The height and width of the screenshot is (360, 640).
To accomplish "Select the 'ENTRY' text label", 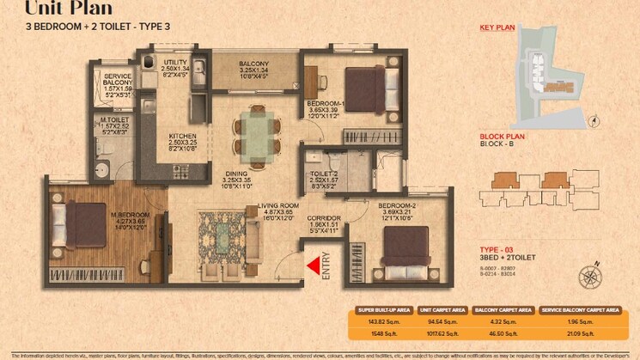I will coord(326,263).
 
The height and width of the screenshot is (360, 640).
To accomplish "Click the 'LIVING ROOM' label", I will coord(278,206).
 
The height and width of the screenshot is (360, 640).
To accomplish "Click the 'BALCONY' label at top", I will coord(254,64).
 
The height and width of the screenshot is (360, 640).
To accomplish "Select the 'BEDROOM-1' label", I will coord(325,102).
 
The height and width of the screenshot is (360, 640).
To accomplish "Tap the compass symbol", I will coord(590,277).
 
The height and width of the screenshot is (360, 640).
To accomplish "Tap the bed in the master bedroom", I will coord(83,225).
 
